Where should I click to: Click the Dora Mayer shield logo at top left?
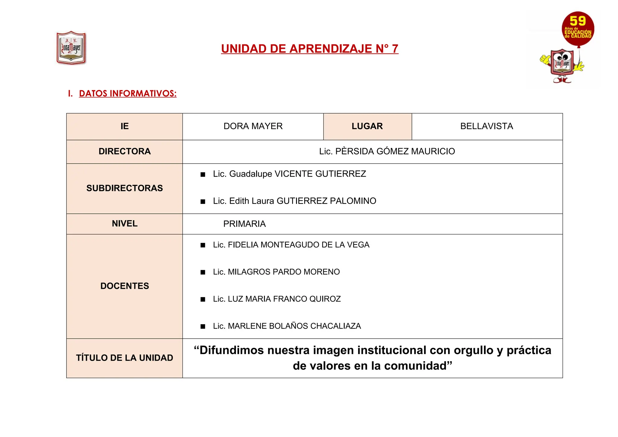(x=71, y=48)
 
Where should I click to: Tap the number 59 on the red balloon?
(x=578, y=21)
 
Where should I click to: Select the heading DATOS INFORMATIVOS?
(x=128, y=94)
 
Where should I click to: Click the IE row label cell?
(x=124, y=126)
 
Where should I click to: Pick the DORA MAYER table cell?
(x=253, y=126)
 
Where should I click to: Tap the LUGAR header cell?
(x=367, y=126)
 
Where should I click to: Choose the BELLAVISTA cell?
(x=486, y=126)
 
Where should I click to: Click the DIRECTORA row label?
(x=124, y=152)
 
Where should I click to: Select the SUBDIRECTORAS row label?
(x=124, y=188)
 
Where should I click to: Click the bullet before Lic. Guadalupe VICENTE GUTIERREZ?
(x=203, y=174)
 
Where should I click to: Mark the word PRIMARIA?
(x=244, y=224)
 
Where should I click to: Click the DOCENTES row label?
(x=124, y=286)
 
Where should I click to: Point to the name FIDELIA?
(x=243, y=245)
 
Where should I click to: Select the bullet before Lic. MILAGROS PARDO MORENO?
(x=203, y=272)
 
